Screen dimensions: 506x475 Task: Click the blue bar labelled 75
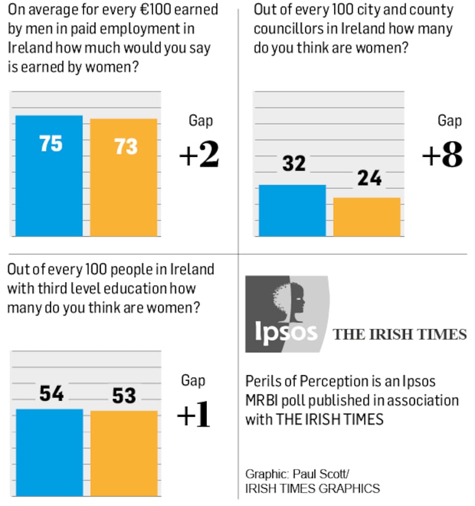(49, 175)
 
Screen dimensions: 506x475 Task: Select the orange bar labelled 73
(123, 177)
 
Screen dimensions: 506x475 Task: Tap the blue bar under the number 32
(292, 210)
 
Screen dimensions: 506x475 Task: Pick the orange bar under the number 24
(366, 216)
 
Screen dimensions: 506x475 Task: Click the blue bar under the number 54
(49, 452)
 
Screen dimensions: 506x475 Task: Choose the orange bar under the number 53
(123, 453)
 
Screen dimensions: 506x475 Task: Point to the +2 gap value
(199, 156)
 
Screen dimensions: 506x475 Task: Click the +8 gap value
(442, 156)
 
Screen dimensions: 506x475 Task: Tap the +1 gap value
(194, 417)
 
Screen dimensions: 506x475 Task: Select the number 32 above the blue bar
(293, 163)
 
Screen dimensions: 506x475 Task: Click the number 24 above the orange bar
(369, 177)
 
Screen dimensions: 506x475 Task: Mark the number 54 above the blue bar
(52, 394)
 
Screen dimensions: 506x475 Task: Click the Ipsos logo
(287, 314)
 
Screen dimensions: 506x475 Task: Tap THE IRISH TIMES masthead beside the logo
(400, 335)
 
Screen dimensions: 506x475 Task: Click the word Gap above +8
(449, 120)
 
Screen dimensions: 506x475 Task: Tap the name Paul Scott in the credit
(328, 474)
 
